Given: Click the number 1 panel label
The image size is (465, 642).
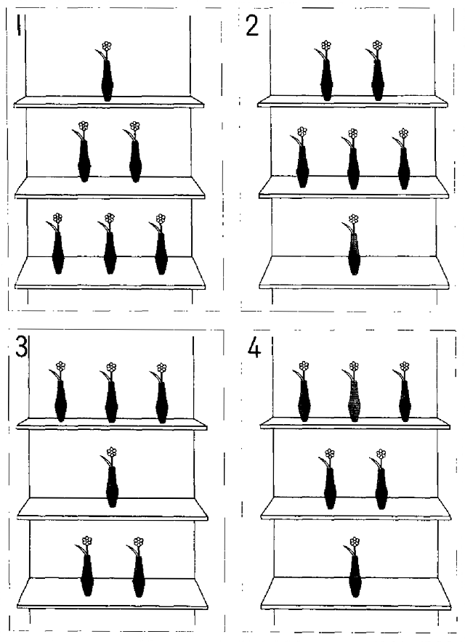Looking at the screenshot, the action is [18, 25].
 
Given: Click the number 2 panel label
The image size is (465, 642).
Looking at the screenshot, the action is [252, 26].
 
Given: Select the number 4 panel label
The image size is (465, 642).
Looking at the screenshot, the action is [254, 349].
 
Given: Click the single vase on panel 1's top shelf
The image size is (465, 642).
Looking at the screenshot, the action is [108, 81].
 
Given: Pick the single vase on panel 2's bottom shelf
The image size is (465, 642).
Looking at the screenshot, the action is [355, 254].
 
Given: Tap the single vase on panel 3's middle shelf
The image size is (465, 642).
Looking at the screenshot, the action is [113, 487].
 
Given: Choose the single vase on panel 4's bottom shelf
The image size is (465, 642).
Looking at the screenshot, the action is [355, 576].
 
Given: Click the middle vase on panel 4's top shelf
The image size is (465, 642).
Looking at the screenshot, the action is [354, 401].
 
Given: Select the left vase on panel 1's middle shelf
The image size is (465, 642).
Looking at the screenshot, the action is [84, 161].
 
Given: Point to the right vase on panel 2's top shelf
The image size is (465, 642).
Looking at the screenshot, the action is [378, 80].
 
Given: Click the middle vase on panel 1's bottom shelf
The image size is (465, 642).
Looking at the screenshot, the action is [110, 253].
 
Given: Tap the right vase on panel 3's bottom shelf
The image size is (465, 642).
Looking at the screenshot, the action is [139, 577].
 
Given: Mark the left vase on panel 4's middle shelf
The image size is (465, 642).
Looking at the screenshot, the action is [330, 489].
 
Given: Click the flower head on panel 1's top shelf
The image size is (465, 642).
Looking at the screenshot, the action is [107, 46].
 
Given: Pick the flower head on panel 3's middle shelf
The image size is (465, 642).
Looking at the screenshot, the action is [111, 452].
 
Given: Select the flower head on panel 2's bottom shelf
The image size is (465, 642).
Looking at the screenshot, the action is [354, 219].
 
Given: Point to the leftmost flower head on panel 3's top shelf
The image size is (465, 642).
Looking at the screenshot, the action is [60, 366].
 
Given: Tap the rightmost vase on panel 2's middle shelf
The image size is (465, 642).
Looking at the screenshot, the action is [404, 168].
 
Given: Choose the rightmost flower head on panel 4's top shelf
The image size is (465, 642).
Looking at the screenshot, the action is [405, 366].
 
